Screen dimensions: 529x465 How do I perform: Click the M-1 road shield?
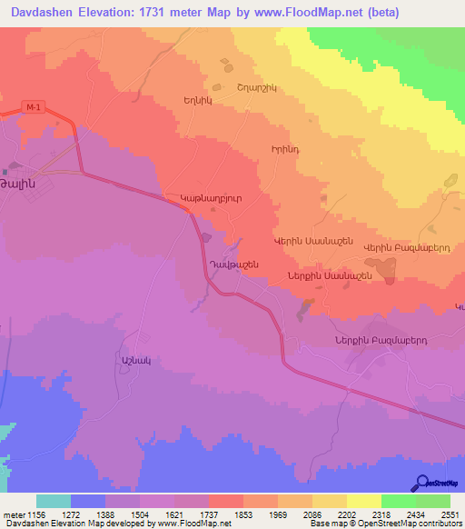tap(34, 108)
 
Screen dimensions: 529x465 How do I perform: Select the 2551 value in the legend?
tap(450, 514)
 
